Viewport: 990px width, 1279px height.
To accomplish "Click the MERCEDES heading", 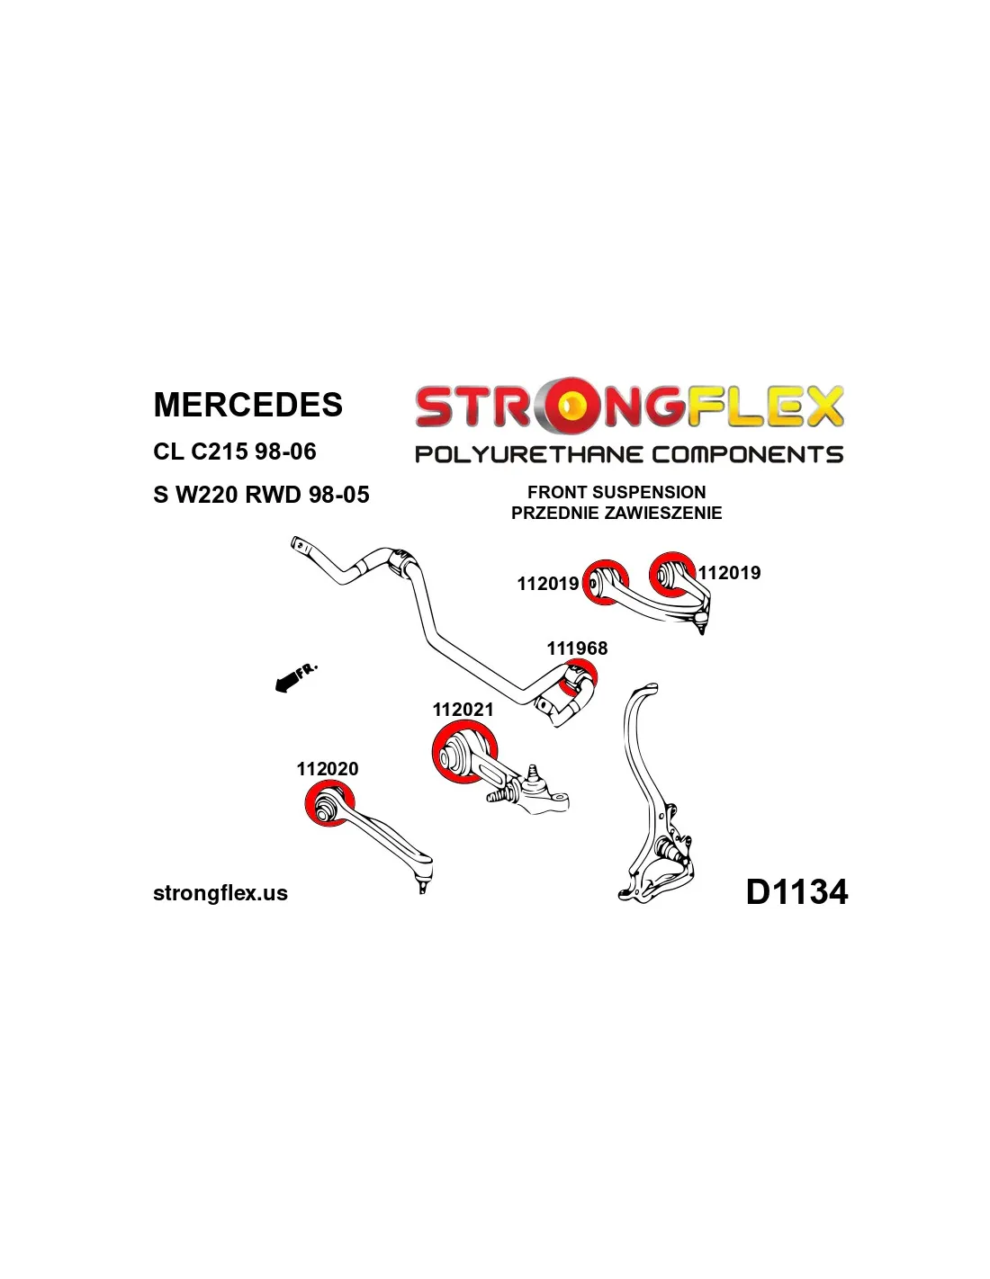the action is pyautogui.click(x=247, y=404).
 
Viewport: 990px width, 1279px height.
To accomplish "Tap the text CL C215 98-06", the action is pyautogui.click(x=234, y=452).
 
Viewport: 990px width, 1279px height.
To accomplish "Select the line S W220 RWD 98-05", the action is pyautogui.click(x=261, y=495).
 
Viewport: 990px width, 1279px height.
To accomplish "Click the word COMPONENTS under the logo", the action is pyautogui.click(x=747, y=454).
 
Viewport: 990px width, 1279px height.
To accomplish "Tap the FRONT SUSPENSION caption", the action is pyautogui.click(x=616, y=492).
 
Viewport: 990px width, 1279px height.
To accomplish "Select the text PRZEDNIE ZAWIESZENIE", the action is pyautogui.click(x=616, y=513).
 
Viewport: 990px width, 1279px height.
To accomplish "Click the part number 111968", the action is pyautogui.click(x=577, y=648).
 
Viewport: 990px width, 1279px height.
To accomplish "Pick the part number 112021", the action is pyautogui.click(x=463, y=710).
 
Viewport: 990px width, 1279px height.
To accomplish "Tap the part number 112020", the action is pyautogui.click(x=328, y=769).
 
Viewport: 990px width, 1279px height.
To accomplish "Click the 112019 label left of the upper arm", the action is pyautogui.click(x=548, y=584).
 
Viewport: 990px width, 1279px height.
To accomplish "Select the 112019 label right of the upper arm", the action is pyautogui.click(x=730, y=573).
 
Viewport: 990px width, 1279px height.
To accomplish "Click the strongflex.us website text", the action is pyautogui.click(x=220, y=893).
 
